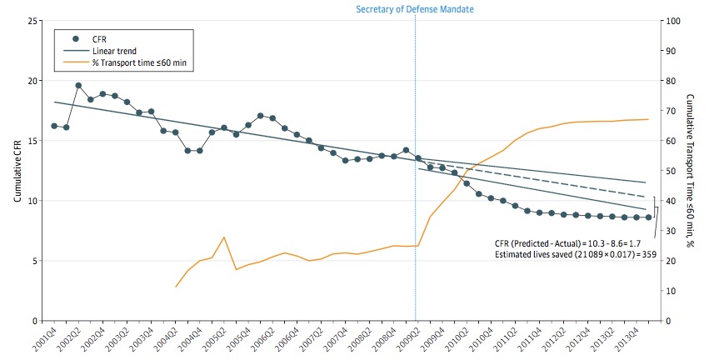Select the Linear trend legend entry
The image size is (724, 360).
pos(114,51)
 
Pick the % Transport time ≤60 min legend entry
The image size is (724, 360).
pos(143,62)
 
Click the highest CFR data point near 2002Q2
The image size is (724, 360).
pos(78,86)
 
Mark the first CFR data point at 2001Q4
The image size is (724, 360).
pos(54,126)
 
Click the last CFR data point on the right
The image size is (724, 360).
pos(648,217)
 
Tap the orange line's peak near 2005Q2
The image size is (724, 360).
pos(224,237)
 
